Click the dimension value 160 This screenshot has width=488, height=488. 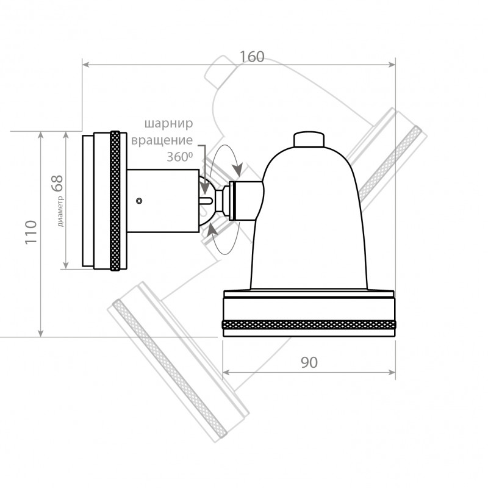pyautogui.click(x=252, y=57)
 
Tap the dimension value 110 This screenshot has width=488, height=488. pyautogui.click(x=31, y=232)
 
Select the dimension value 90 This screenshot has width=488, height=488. pyautogui.click(x=309, y=362)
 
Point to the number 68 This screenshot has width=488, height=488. pyautogui.click(x=57, y=184)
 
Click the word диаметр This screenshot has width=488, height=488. pyautogui.click(x=60, y=211)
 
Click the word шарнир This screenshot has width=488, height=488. pyautogui.click(x=168, y=124)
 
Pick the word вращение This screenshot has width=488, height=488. pyautogui.click(x=162, y=140)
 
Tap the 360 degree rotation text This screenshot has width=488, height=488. pyautogui.click(x=179, y=157)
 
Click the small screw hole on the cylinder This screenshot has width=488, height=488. pyautogui.click(x=140, y=201)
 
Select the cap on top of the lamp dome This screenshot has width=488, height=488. pyautogui.click(x=309, y=139)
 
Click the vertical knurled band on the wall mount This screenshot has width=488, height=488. pyautogui.click(x=115, y=201)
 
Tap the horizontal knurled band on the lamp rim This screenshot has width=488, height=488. pyautogui.click(x=309, y=325)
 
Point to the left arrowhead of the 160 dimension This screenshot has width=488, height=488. pyautogui.click(x=86, y=65)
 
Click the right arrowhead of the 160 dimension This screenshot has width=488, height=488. pyautogui.click(x=392, y=65)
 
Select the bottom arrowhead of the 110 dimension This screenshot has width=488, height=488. pyautogui.click(x=40, y=332)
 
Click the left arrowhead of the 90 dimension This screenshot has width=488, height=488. pyautogui.click(x=227, y=373)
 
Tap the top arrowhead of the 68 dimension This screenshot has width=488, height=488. pyautogui.click(x=66, y=135)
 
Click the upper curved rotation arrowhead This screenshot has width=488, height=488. pyautogui.click(x=238, y=170)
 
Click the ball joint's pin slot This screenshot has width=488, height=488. pyautogui.click(x=206, y=201)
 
